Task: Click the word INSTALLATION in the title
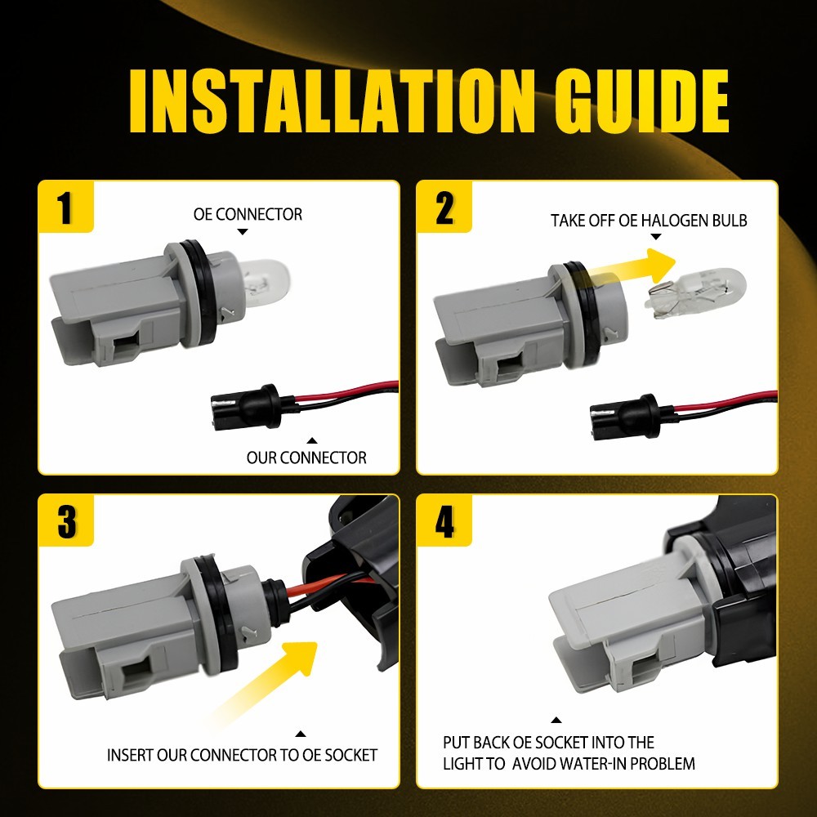(x=333, y=101)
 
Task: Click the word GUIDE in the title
(x=641, y=101)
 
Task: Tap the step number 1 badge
(x=65, y=207)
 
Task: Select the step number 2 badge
(x=444, y=207)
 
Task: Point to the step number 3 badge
(x=65, y=520)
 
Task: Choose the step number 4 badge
(x=444, y=520)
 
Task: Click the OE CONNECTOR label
(x=248, y=214)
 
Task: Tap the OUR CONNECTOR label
(x=306, y=458)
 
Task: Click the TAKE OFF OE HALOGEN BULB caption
(x=649, y=221)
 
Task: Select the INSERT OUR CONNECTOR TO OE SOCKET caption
(x=242, y=755)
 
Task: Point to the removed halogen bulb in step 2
(x=695, y=292)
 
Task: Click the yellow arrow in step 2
(x=633, y=267)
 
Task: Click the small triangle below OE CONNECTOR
(x=243, y=232)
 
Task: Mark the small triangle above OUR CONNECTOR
(x=311, y=441)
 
